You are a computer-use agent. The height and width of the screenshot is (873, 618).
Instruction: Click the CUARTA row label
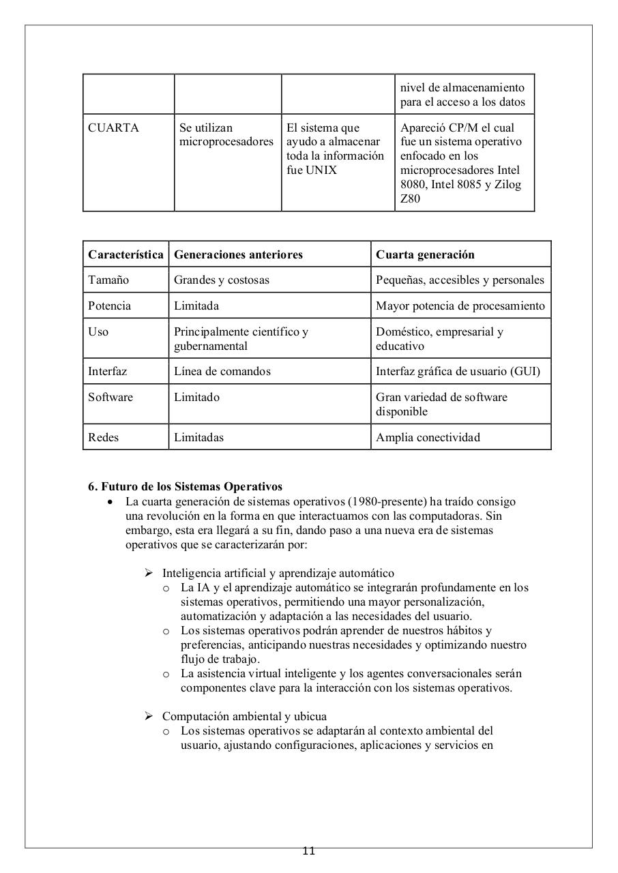(113, 128)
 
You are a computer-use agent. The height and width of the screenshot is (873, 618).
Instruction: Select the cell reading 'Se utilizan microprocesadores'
(226, 134)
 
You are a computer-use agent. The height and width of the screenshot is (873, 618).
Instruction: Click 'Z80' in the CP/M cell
(410, 198)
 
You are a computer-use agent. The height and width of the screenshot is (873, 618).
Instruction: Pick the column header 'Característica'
(126, 254)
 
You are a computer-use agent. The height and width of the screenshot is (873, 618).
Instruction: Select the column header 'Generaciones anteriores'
(238, 254)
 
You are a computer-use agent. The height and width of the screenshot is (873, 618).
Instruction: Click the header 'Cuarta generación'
(425, 254)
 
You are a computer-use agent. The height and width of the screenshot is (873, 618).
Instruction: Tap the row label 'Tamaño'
(108, 280)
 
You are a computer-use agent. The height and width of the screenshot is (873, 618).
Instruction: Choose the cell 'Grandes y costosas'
(222, 280)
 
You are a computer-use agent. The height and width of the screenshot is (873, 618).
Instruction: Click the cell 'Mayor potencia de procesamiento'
(460, 306)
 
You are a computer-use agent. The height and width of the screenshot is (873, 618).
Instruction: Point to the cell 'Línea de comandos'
(222, 371)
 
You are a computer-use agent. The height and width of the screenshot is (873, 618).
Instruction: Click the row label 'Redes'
(103, 437)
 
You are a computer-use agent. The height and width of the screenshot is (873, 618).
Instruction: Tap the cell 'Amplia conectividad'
(428, 437)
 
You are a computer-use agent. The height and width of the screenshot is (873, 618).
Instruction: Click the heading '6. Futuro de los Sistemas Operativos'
(185, 486)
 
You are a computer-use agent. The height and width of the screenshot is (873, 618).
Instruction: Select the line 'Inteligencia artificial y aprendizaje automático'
(278, 573)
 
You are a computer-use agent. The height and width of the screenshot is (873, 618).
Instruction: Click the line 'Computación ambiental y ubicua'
(244, 716)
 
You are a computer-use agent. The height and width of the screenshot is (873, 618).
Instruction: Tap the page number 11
(308, 850)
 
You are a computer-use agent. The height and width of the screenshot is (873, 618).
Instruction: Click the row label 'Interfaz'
(107, 371)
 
